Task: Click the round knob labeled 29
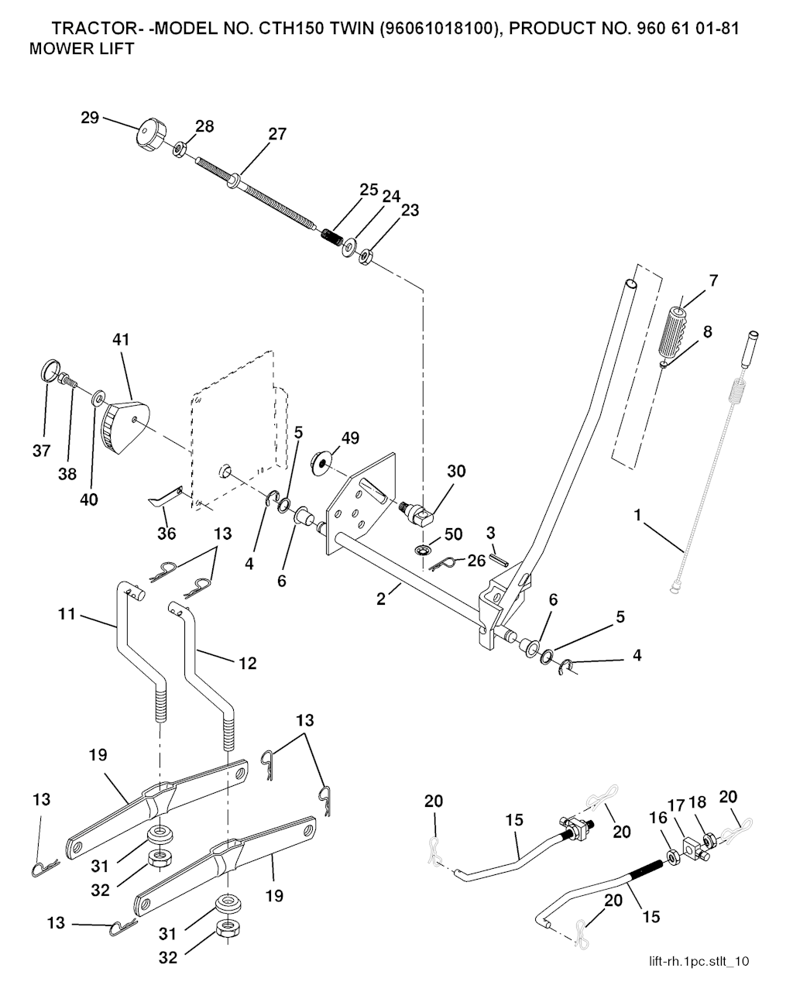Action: click(x=149, y=136)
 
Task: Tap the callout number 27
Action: click(x=277, y=134)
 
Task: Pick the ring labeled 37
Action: click(x=49, y=369)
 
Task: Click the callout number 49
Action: click(x=350, y=438)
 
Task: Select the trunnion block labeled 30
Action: click(x=422, y=512)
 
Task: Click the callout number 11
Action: click(x=67, y=613)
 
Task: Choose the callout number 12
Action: click(x=248, y=663)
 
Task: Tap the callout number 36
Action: click(x=166, y=533)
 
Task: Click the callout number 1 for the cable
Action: click(x=638, y=514)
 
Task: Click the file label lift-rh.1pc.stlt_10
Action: click(x=699, y=961)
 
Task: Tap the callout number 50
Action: click(x=453, y=534)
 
